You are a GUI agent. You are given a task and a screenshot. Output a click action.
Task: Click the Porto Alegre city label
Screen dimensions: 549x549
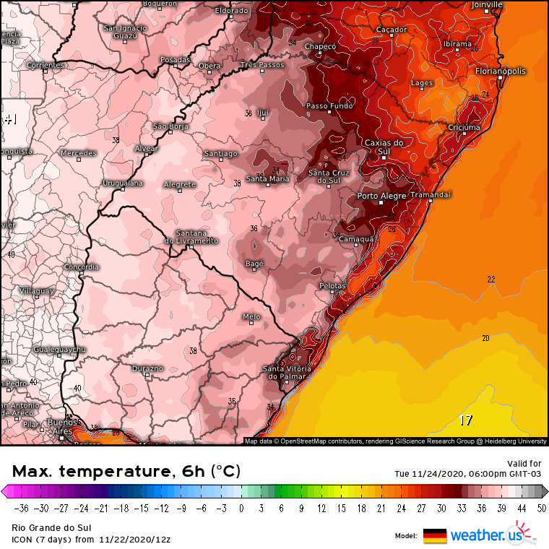pyautogui.click(x=382, y=196)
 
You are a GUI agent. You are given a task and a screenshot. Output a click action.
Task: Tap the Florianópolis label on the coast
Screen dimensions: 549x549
pyautogui.click(x=501, y=72)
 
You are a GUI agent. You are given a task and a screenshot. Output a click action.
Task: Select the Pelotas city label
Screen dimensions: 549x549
pyautogui.click(x=333, y=286)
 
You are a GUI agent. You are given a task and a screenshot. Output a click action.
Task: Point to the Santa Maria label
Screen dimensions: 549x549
pyautogui.click(x=268, y=178)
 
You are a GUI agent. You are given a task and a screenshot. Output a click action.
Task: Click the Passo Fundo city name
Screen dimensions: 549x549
pyautogui.click(x=330, y=106)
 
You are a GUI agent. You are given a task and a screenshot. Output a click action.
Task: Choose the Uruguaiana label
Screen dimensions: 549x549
pyautogui.click(x=123, y=183)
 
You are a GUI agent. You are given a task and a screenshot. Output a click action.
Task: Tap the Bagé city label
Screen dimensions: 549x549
pyautogui.click(x=254, y=264)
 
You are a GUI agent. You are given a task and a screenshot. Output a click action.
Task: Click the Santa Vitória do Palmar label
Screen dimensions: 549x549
pyautogui.click(x=287, y=373)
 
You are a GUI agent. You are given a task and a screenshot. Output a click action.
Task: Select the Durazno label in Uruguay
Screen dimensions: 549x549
pyautogui.click(x=148, y=368)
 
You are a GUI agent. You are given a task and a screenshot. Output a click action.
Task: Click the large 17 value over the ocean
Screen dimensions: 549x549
pyautogui.click(x=466, y=420)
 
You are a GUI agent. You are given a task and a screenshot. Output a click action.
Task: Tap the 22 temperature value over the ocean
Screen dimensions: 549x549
pyautogui.click(x=491, y=280)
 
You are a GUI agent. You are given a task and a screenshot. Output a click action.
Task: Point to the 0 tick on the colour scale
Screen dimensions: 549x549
pyautogui.click(x=241, y=507)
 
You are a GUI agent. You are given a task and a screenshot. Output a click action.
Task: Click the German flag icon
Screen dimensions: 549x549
pyautogui.click(x=435, y=535)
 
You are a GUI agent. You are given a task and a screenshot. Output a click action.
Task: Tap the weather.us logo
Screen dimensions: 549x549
pyautogui.click(x=485, y=535)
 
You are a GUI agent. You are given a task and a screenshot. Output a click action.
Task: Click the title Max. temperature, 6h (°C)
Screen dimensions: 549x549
pyautogui.click(x=126, y=472)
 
